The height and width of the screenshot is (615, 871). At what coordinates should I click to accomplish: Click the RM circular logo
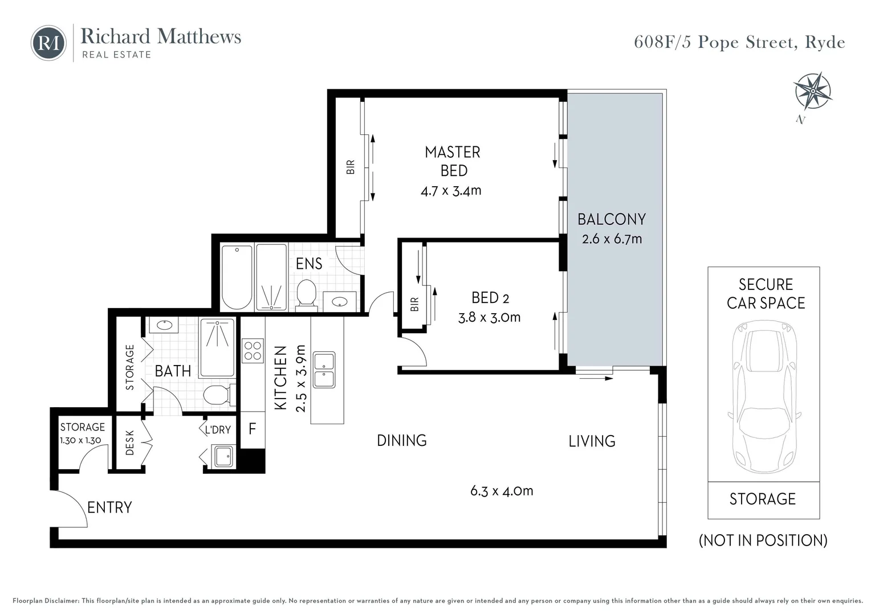[x=48, y=43]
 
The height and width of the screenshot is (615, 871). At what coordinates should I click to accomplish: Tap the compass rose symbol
[x=813, y=91]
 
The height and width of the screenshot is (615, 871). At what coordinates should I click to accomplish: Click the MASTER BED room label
[x=453, y=161]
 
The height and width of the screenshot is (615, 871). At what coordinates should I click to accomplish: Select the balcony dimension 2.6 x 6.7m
[x=612, y=239]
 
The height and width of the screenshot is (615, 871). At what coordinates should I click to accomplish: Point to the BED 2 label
[x=490, y=298]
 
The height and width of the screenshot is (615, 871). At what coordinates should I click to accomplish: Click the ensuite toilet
[x=306, y=296]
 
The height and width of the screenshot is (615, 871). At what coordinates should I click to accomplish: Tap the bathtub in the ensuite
[x=237, y=277]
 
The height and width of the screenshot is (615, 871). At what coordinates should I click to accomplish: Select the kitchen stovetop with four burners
[x=253, y=350]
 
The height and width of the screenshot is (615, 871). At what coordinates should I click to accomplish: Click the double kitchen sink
[x=324, y=370]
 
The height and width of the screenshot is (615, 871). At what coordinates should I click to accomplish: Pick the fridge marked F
[x=253, y=429]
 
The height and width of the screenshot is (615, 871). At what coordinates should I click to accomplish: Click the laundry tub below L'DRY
[x=223, y=456]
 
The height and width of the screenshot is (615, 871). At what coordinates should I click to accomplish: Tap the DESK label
[x=130, y=442]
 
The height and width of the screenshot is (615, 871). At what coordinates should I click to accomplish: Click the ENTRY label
[x=109, y=507]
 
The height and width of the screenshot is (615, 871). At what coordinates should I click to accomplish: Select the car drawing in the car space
[x=764, y=396]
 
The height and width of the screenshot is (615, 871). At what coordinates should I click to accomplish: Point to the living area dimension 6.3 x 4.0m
[x=502, y=491]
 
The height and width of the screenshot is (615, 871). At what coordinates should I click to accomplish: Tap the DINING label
[x=402, y=441]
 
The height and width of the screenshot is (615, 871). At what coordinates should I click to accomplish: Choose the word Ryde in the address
[x=825, y=43]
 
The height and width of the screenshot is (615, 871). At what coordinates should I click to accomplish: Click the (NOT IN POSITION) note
[x=763, y=540]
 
